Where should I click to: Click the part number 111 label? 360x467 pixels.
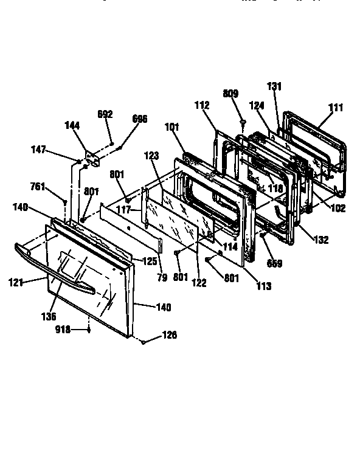336,108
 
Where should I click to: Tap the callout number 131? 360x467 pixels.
274,86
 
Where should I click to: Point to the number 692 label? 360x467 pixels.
105,114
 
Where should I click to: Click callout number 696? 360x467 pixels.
139,119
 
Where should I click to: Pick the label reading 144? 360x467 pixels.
72,125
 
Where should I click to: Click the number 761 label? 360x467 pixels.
38,186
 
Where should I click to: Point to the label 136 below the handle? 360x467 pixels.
49,316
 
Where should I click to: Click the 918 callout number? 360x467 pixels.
63,330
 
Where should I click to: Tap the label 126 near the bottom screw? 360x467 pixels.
170,334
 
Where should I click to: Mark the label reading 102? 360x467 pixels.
337,208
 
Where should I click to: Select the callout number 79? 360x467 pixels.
162,278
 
